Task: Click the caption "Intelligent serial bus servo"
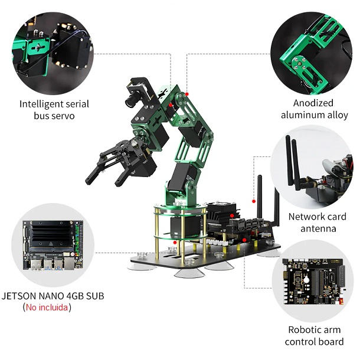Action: (x=54, y=110)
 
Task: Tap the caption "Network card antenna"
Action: (x=318, y=222)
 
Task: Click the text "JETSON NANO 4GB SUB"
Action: (x=53, y=296)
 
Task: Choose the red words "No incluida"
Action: (x=47, y=307)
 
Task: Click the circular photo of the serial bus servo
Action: (x=53, y=48)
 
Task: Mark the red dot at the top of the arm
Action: (x=186, y=93)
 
